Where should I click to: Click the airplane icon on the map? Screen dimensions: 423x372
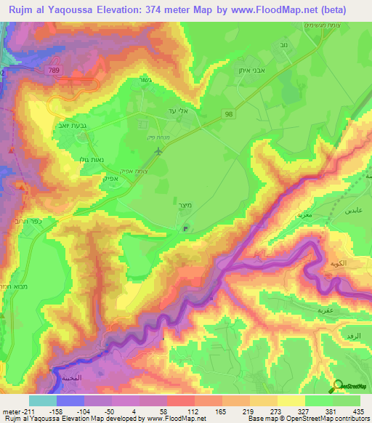tap(158, 151)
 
